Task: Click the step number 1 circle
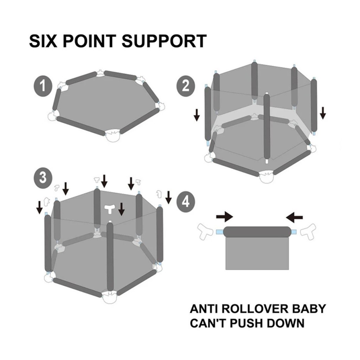tap(43, 86)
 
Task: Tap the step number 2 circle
tap(186, 85)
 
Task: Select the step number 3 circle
tap(43, 178)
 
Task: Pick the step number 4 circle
tap(186, 202)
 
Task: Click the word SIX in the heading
tap(43, 41)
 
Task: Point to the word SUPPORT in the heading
tap(164, 41)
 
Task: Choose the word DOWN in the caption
tap(285, 323)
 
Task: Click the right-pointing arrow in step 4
tap(225, 217)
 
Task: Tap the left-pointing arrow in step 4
tap(294, 217)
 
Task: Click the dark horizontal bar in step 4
tap(257, 232)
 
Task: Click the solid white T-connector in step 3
tap(110, 209)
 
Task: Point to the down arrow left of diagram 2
tap(197, 115)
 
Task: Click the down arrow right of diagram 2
tap(323, 113)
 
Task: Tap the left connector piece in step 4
tap(205, 231)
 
